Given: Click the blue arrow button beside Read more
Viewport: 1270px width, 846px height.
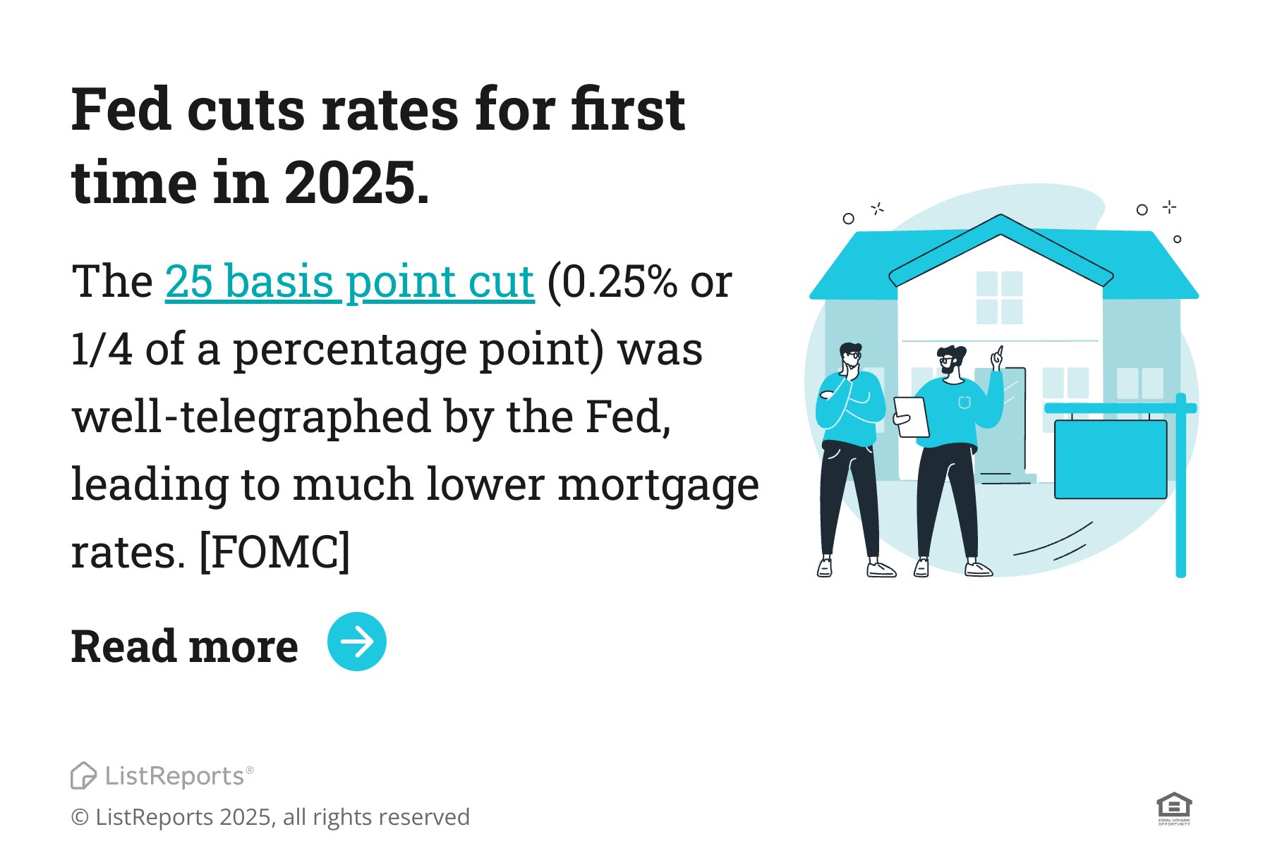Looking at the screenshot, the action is coord(356,642).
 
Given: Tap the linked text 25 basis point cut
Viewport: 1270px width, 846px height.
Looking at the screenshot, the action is coord(349,282).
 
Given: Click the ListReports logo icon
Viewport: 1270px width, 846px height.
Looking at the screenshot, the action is coord(83,775).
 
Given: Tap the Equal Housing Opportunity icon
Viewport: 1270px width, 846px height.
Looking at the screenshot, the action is coord(1174,808).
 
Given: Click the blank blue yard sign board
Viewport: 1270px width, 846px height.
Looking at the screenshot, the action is coord(1111,460).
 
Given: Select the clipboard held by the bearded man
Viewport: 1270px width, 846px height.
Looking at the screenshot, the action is coord(912,417).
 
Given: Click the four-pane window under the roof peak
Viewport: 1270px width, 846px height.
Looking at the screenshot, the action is coord(999,298).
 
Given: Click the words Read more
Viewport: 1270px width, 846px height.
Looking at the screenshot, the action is coord(185,646).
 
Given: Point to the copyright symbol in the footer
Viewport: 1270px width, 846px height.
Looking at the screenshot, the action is coord(80,818).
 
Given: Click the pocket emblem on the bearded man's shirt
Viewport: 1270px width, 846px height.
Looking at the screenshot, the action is coord(964,403).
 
